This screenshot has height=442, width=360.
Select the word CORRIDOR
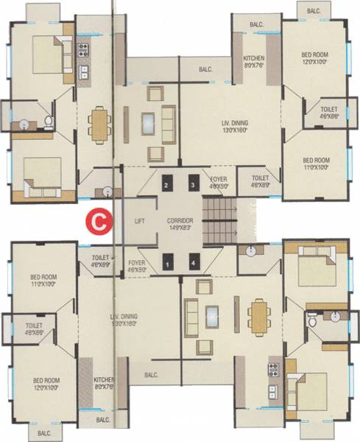pos(179,220)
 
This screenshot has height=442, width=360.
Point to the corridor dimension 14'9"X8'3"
pos(179,228)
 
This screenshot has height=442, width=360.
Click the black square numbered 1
pos(168,262)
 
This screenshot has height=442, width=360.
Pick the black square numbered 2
pos(167,184)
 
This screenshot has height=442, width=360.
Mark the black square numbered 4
pos(194,262)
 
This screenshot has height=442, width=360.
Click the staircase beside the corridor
pos(219,220)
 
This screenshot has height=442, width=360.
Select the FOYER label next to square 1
pos(136,262)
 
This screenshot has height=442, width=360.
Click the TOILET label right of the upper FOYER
pos(260,179)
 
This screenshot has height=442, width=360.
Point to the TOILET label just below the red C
pos(101,256)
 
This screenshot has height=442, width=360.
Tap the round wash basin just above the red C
pos(108,192)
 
